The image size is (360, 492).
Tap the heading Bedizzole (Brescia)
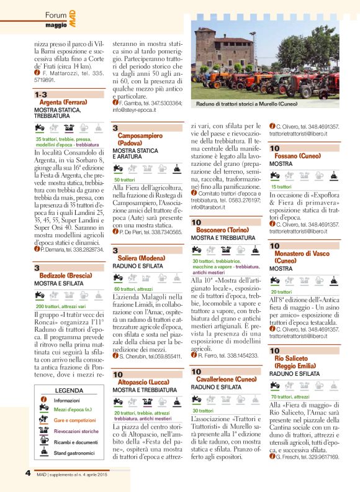point(63,275)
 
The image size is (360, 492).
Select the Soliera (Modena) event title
point(140,257)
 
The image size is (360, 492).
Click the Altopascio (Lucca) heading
point(144,383)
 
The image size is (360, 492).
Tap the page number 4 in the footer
point(29,472)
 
